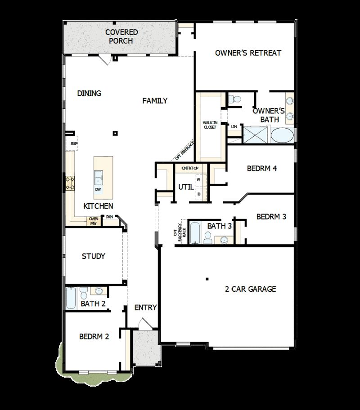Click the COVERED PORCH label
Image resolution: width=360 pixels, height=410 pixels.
click(x=121, y=36)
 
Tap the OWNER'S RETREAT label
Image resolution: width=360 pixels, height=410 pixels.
click(x=248, y=53)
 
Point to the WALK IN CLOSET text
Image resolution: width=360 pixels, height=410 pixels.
click(x=209, y=125)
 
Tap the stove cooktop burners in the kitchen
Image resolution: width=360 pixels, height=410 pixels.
click(x=70, y=182)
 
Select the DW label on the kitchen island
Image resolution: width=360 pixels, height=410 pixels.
click(x=98, y=189)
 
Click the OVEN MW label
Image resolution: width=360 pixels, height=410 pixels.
click(x=93, y=221)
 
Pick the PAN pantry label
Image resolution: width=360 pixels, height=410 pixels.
click(x=109, y=217)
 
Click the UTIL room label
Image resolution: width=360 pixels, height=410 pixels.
click(x=185, y=187)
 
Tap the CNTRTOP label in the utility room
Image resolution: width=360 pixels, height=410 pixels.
click(x=190, y=168)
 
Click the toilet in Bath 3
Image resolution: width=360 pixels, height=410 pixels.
click(x=208, y=237)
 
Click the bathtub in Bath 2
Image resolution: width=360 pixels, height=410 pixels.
click(x=71, y=298)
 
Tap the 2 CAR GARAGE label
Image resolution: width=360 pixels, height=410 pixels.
click(x=250, y=289)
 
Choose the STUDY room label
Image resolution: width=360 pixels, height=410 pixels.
click(x=93, y=256)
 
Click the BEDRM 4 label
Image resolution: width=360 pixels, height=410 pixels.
click(x=262, y=169)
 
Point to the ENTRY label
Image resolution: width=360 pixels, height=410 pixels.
click(x=145, y=307)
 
